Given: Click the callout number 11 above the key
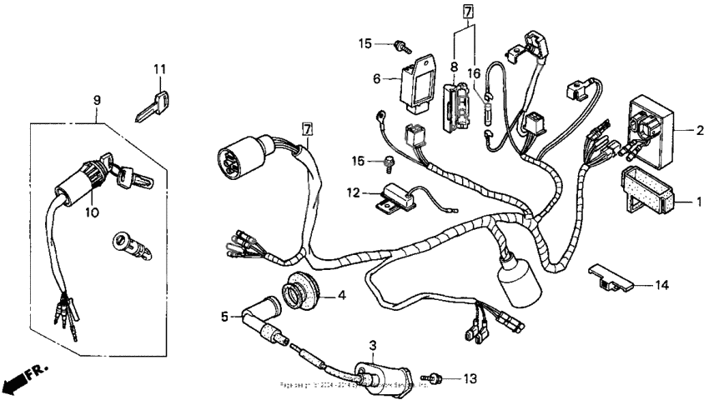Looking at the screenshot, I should [159, 68].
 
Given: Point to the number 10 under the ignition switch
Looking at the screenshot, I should [92, 212].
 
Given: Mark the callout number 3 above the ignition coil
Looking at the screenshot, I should [373, 344].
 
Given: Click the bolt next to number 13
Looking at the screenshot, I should [435, 378].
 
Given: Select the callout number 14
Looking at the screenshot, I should [661, 285].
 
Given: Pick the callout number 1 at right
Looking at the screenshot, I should [699, 202].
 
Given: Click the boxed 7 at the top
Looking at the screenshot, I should [467, 12].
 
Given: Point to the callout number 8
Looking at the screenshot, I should [454, 66].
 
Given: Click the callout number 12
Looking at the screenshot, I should [353, 192].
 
